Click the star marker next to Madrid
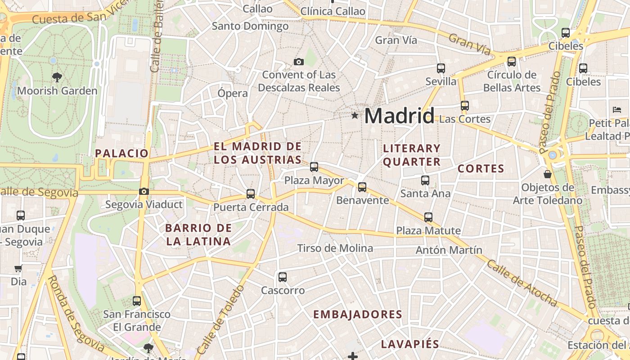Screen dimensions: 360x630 pos(355,116)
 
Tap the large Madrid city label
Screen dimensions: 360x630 pos(399,116)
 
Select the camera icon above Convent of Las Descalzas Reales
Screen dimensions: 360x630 pos(298,62)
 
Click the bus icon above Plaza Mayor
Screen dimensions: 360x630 pos(314,167)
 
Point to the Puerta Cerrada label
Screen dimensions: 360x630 pos(251,207)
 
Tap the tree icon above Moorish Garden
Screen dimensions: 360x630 pos(57,77)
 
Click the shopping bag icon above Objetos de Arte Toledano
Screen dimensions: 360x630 pos(548,174)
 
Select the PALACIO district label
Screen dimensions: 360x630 pos(121,153)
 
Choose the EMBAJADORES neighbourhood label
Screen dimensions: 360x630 pos(357,315)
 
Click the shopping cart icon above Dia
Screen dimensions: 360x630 pos(18,269)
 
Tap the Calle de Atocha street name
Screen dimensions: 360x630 pos(522,283)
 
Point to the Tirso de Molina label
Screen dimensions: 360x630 pos(335,248)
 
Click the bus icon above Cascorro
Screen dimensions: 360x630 pos(283,277)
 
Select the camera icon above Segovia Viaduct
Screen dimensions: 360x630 pos(144,191)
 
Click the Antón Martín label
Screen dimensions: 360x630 pos(449,250)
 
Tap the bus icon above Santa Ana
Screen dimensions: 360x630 pos(425,180)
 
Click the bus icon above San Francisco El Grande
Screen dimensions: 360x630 pos(137,301)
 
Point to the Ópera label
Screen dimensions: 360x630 pos(233,94)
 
